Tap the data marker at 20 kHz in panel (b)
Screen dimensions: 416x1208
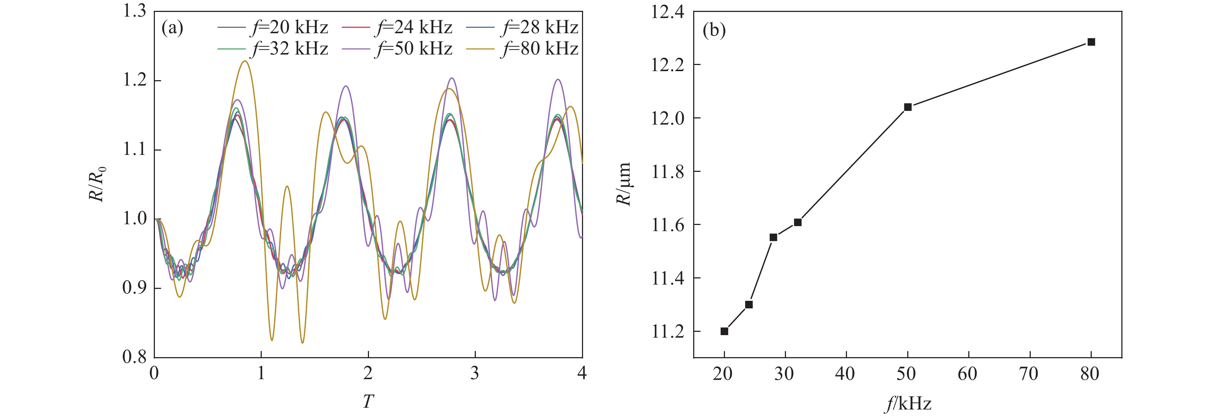point(725,331)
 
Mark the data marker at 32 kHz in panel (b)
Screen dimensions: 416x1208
point(798,222)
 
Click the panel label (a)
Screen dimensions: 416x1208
point(172,28)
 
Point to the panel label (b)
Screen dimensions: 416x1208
point(714,30)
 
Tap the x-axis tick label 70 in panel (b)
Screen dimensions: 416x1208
point(1029,374)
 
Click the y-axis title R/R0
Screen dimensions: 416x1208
point(97,184)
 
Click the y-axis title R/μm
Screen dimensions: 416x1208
point(624,184)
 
